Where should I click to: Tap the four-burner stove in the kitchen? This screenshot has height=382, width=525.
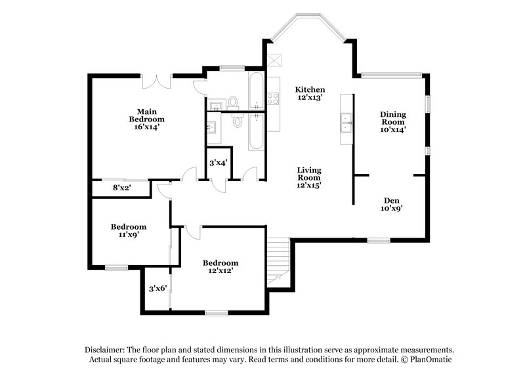click(273, 98)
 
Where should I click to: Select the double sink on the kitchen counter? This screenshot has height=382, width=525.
click(346, 121)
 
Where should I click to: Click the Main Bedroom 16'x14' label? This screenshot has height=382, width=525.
click(146, 119)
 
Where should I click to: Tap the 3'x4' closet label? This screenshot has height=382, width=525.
click(218, 162)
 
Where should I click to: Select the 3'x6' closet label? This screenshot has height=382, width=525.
click(157, 288)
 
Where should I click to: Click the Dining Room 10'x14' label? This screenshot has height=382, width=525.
click(393, 121)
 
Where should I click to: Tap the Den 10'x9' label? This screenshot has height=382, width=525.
click(392, 204)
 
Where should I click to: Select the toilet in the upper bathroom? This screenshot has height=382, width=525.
click(232, 102)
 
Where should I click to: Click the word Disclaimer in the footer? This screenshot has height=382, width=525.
click(106, 350)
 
